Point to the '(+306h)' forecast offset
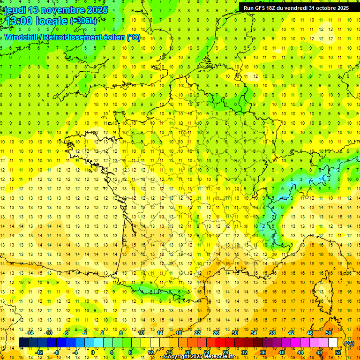coord(83,21)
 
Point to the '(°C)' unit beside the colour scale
coord(349,343)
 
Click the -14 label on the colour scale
coord(31,333)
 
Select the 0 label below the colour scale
coord(92,352)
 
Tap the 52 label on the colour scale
coord(337,352)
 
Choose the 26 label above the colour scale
coord(216,333)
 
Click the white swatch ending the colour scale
coord(333,343)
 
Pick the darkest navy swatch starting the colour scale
coord(24,343)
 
